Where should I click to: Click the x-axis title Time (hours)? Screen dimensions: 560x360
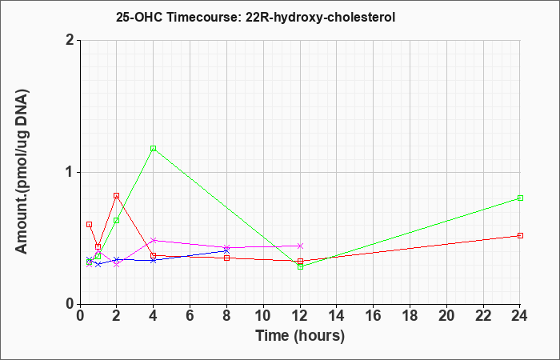300,336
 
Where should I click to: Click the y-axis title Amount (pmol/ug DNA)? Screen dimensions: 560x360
22,172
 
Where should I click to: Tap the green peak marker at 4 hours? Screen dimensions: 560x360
154,148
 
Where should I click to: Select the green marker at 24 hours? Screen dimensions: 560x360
520,198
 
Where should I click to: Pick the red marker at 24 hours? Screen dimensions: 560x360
520,236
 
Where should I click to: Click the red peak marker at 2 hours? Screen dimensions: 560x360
117,196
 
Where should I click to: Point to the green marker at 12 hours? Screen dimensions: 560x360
300,266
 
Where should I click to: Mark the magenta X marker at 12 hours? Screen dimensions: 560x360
300,246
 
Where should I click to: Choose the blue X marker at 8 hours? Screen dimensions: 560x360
226,250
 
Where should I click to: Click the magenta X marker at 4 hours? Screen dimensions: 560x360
154,240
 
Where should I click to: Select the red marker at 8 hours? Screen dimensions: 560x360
226,258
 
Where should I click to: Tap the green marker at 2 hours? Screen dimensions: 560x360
117,220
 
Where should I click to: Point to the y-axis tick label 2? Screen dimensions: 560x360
70,40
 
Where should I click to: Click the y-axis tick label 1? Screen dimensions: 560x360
70,173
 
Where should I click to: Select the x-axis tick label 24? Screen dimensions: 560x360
520,316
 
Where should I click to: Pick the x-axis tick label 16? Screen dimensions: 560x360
374,316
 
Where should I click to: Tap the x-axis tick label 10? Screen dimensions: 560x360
263,316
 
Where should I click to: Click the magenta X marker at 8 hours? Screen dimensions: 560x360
226,247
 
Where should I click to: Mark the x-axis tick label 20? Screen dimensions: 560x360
446,316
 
